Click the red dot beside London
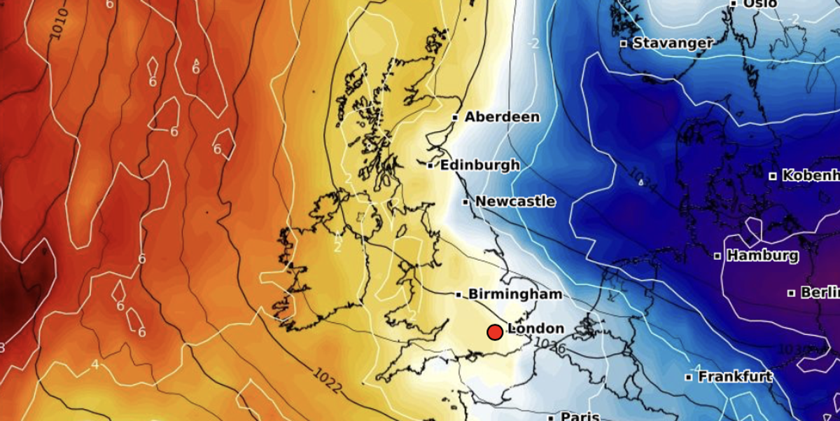tap(495, 332)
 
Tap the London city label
tap(535, 329)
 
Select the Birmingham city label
tap(515, 294)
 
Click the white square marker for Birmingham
tap(458, 295)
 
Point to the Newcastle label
tap(515, 202)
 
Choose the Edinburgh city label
tap(479, 165)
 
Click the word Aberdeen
tap(502, 117)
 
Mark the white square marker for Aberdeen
tap(455, 118)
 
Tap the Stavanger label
tap(673, 43)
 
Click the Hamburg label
tap(762, 256)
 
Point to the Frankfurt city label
tap(735, 377)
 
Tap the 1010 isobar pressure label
tap(60, 23)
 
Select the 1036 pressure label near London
tap(549, 345)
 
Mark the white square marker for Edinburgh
tap(430, 166)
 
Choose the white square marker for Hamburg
tap(717, 256)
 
